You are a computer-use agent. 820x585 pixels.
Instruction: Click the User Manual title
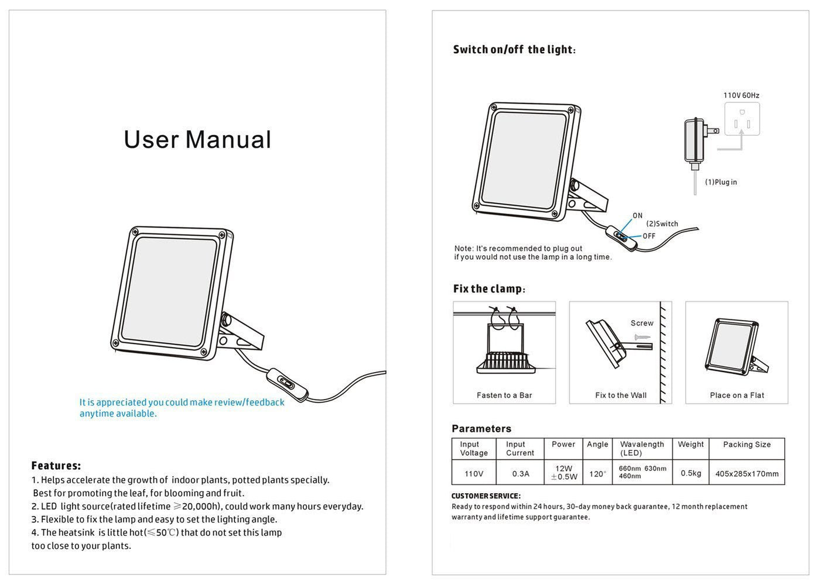click(197, 140)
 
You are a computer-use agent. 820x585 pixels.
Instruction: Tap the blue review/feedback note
click(182, 408)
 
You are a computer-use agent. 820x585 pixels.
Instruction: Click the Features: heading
click(56, 466)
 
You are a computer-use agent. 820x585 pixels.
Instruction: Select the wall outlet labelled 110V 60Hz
click(742, 119)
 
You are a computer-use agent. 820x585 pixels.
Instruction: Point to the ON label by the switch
click(637, 216)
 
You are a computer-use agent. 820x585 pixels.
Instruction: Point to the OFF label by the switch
click(649, 236)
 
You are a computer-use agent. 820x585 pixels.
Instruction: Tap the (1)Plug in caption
click(721, 183)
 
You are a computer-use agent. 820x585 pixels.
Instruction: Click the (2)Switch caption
click(662, 224)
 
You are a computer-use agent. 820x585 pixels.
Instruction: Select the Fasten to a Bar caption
click(504, 395)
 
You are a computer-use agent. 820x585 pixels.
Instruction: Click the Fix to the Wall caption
click(621, 395)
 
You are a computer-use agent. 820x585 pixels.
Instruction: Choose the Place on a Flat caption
click(737, 395)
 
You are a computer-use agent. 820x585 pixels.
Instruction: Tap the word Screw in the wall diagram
click(642, 324)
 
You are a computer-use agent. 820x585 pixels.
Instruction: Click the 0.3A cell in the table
click(521, 474)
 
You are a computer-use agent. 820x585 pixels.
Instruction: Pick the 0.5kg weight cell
click(691, 473)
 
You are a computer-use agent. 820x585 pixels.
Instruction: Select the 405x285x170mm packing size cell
click(747, 474)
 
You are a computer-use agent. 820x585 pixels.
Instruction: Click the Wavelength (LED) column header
click(642, 449)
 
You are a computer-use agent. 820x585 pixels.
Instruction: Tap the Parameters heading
click(481, 429)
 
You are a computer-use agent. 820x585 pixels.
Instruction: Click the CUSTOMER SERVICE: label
click(486, 496)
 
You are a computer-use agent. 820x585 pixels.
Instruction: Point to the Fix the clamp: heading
click(489, 289)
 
